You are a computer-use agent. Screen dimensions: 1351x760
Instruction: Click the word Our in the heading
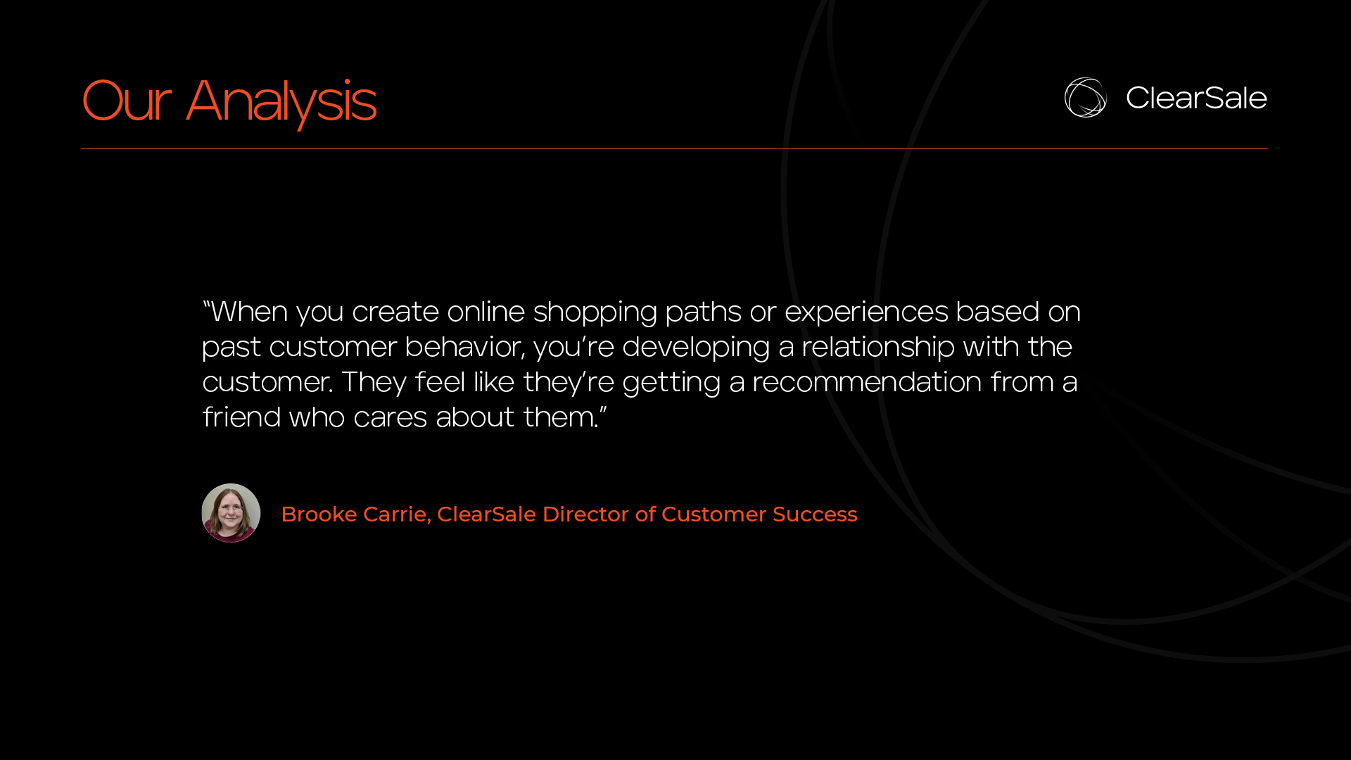[x=127, y=101]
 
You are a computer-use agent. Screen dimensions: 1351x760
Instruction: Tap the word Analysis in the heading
[x=281, y=103]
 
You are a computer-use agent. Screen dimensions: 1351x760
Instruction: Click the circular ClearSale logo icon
[x=1085, y=97]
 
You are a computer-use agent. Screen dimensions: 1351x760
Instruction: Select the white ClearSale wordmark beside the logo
[x=1196, y=98]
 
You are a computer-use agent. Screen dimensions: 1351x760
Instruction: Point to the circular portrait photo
[x=231, y=513]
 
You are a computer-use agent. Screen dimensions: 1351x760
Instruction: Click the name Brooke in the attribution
[x=319, y=514]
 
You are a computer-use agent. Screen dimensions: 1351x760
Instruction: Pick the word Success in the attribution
[x=815, y=514]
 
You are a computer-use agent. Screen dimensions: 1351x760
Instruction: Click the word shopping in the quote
[x=595, y=312]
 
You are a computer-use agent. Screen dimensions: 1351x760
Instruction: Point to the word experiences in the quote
[x=866, y=312]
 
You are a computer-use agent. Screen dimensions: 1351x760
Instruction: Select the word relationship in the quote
[x=878, y=348]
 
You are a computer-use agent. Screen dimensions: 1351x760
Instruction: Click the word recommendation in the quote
[x=867, y=382]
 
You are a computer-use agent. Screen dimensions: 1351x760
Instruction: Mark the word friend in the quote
[x=241, y=417]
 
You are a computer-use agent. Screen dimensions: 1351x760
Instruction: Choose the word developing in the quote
[x=696, y=348]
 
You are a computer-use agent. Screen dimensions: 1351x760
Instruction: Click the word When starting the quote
[x=249, y=312]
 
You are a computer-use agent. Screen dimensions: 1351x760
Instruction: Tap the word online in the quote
[x=486, y=312]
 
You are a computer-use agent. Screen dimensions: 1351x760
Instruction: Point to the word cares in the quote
[x=391, y=418]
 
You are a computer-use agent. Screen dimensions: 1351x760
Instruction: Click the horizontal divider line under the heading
[x=674, y=148]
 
